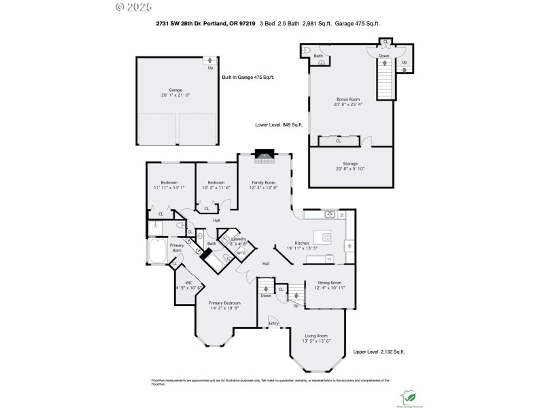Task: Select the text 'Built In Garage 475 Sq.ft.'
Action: coord(248,78)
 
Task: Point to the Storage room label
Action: coord(350,164)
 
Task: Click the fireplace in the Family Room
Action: coord(263,156)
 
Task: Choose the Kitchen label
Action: coord(301,243)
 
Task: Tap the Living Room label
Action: coord(316,336)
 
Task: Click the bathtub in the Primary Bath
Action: coord(156,251)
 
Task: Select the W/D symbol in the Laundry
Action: coord(240,253)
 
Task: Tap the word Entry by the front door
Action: coord(273,323)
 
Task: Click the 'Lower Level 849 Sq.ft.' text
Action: coord(278,125)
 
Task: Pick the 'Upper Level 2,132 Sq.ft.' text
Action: coord(379,352)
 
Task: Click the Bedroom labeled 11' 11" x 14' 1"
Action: coord(169,184)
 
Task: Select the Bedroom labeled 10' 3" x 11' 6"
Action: coord(216,184)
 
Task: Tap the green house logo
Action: coord(410,394)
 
